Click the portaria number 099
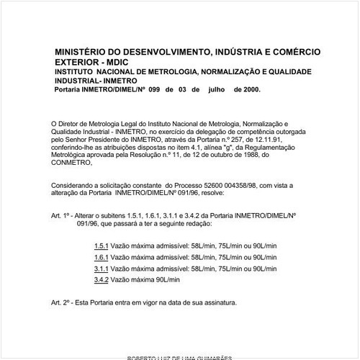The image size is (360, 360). coord(153,91)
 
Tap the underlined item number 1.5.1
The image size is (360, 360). coord(101,246)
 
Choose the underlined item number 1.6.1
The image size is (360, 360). coord(101,257)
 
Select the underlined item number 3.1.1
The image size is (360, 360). coord(101,269)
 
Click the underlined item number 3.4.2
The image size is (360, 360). coord(101,279)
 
